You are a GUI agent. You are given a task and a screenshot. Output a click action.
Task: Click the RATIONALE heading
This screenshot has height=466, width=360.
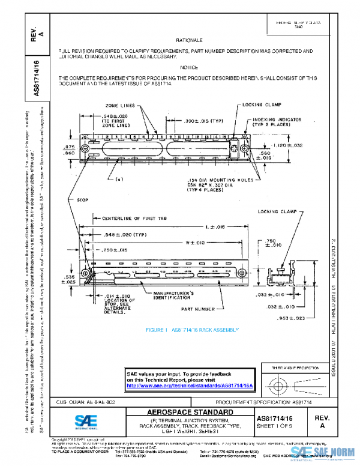coord(188,40)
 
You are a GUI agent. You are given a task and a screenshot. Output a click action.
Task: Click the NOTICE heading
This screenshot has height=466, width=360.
coord(188,67)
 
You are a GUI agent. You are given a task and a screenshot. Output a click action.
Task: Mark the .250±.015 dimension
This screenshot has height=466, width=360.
coord(115,249)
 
